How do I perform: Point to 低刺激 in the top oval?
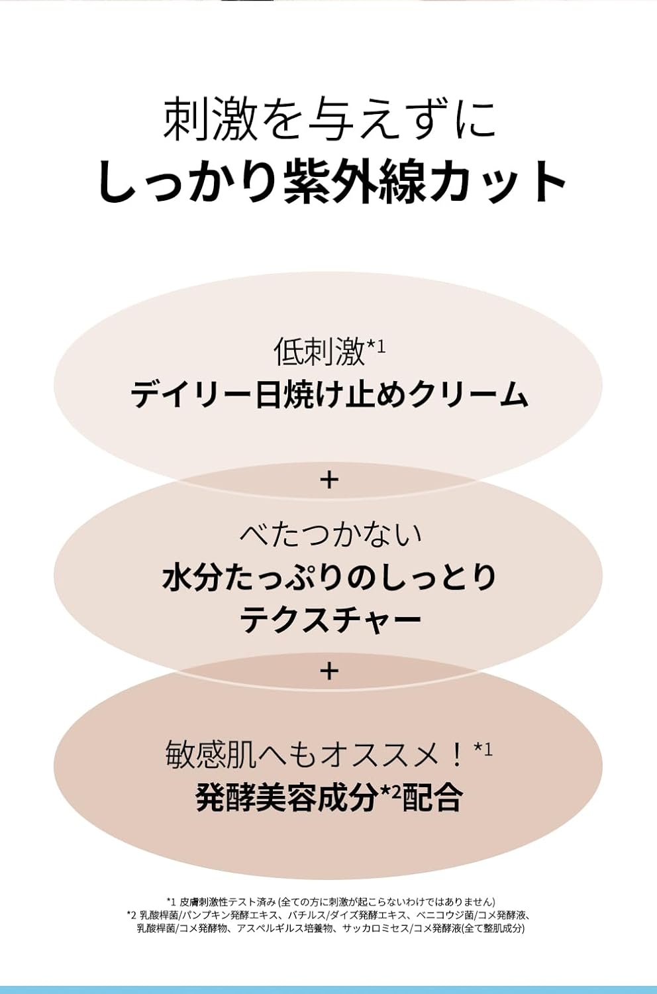click(x=319, y=352)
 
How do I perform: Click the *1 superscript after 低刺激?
click(x=376, y=345)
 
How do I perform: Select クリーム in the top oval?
click(x=470, y=394)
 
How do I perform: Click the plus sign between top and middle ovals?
click(x=328, y=480)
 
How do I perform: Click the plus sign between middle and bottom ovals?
click(x=328, y=671)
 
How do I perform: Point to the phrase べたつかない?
click(x=330, y=534)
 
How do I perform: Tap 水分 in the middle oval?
click(x=193, y=578)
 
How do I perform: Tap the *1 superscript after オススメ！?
click(x=483, y=749)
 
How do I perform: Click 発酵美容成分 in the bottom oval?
click(x=286, y=797)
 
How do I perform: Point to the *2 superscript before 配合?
click(x=389, y=791)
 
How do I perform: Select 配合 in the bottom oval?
click(x=430, y=797)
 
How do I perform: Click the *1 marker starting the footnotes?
click(x=172, y=901)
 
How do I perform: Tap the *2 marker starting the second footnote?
click(x=132, y=914)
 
